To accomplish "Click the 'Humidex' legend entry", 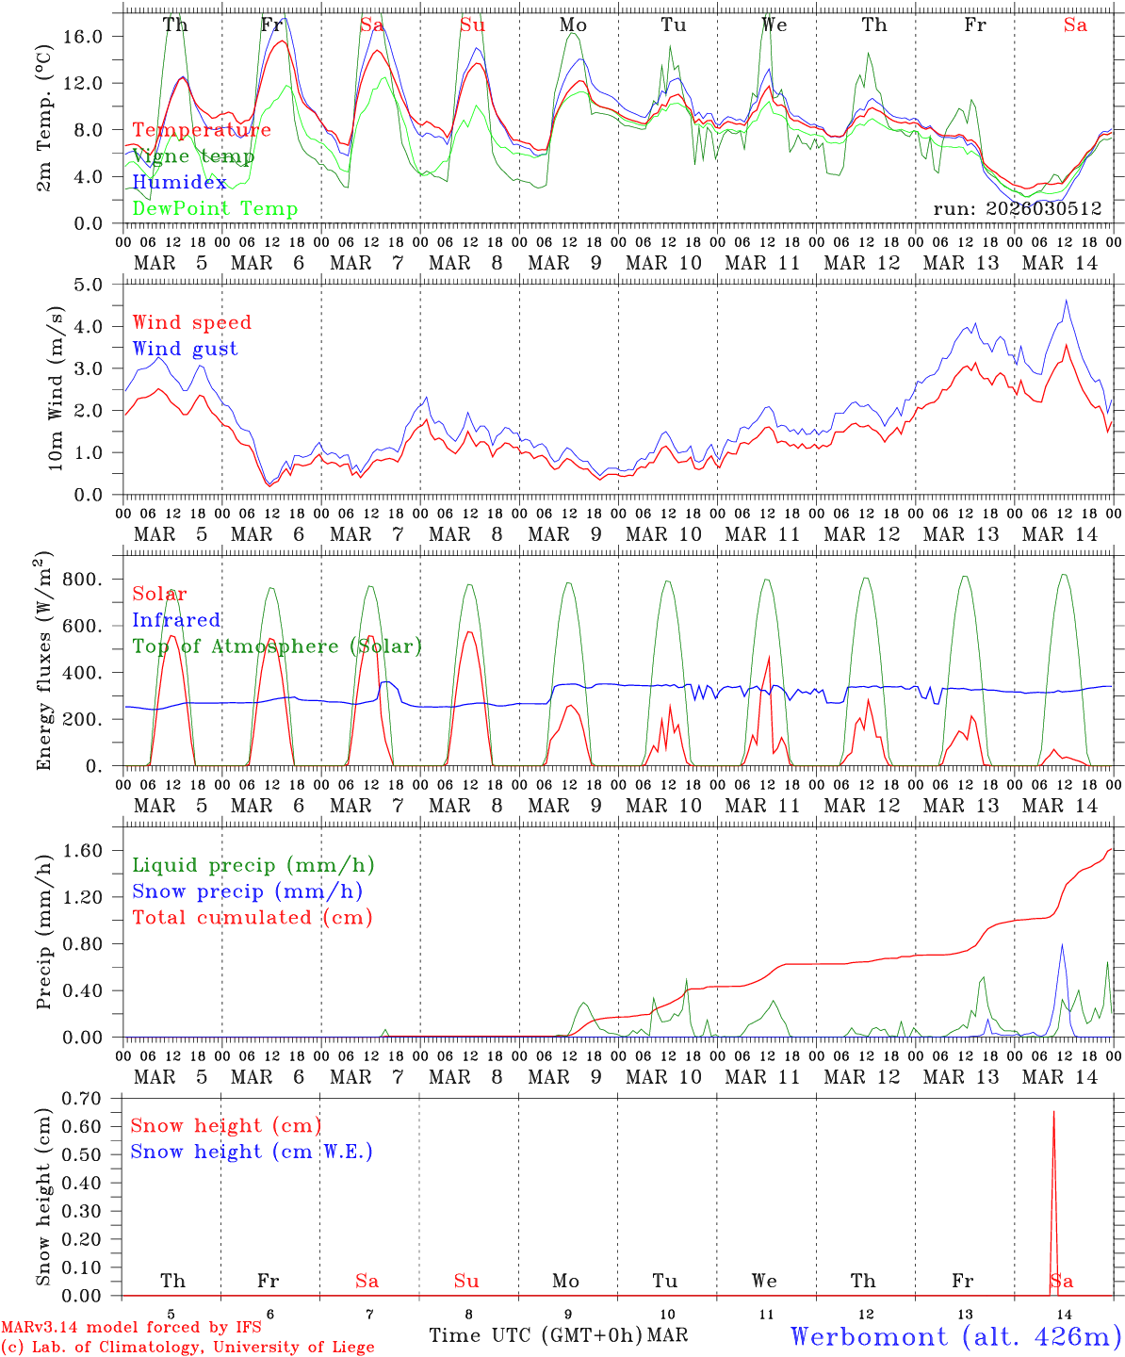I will pyautogui.click(x=179, y=183).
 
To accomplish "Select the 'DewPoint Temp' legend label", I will pyautogui.click(x=215, y=209).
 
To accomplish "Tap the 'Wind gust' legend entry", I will pyautogui.click(x=185, y=349).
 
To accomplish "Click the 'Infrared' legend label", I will pyautogui.click(x=176, y=620).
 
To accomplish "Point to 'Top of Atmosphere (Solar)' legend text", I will pyautogui.click(x=277, y=646).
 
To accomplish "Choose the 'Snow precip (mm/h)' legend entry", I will pyautogui.click(x=247, y=891).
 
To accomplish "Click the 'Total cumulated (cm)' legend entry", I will pyautogui.click(x=253, y=918).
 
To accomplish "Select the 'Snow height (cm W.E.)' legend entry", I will pyautogui.click(x=252, y=1152).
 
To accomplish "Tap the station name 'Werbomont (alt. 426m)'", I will pyautogui.click(x=955, y=1336).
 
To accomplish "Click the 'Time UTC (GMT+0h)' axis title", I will pyautogui.click(x=536, y=1335).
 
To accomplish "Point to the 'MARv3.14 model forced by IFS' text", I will pyautogui.click(x=131, y=1328).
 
